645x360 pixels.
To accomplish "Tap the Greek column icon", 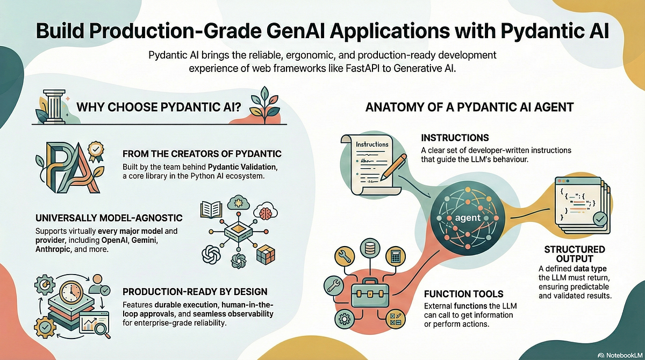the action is pyautogui.click(x=55, y=106).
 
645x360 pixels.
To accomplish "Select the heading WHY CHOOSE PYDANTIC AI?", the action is pyautogui.click(x=159, y=107).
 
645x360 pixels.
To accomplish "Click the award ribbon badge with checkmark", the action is pyautogui.click(x=96, y=151).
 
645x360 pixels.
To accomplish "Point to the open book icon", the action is pyautogui.click(x=211, y=210).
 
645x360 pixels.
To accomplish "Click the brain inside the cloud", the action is pyautogui.click(x=266, y=213).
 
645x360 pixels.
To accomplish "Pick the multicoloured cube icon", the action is pyautogui.click(x=265, y=255).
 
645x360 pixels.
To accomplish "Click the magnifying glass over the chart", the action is pyautogui.click(x=102, y=329).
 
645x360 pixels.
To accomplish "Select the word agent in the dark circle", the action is pyautogui.click(x=468, y=218).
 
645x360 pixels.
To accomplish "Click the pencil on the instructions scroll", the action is pyautogui.click(x=393, y=167).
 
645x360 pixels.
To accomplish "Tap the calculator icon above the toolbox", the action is pyautogui.click(x=395, y=256).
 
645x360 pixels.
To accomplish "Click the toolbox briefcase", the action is pyautogui.click(x=370, y=293).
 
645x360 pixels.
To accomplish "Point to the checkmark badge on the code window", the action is pyautogui.click(x=600, y=220).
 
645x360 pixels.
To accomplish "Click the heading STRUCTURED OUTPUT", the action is pyautogui.click(x=575, y=254).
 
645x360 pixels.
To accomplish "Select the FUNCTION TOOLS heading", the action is pyautogui.click(x=463, y=294).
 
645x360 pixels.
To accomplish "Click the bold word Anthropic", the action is pyautogui.click(x=53, y=249).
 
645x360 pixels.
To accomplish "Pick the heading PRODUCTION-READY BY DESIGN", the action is pyautogui.click(x=195, y=292).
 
